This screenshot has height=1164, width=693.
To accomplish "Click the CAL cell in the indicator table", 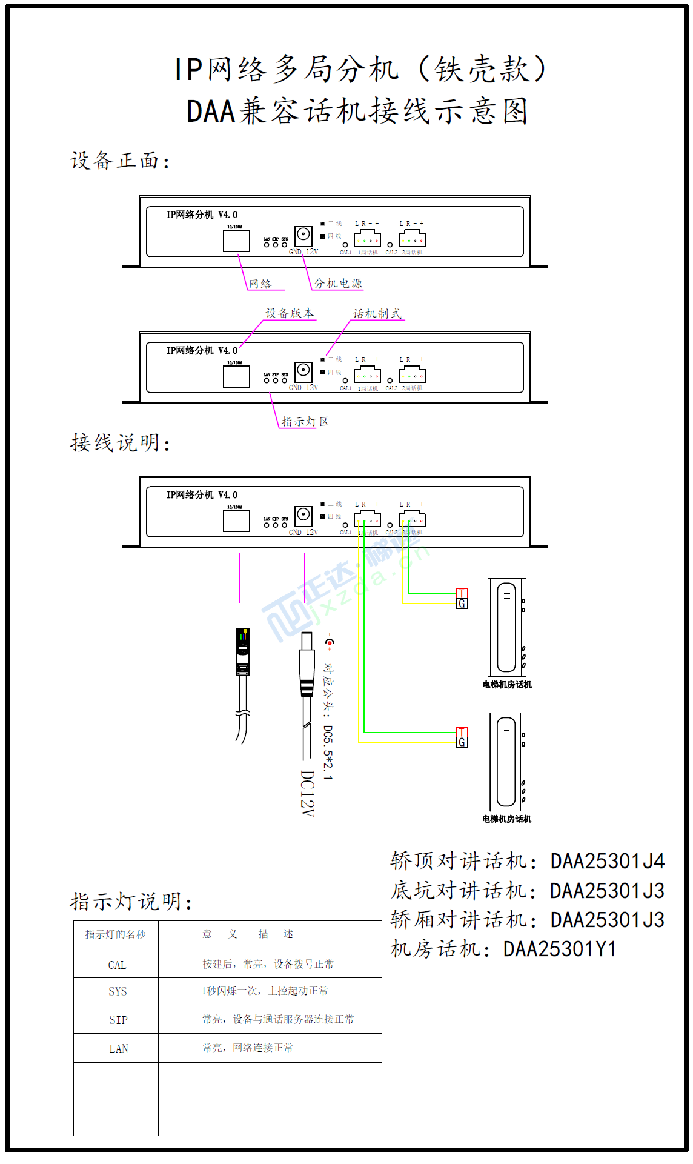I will (117, 965).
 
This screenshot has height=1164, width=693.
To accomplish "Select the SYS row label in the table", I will (118, 991).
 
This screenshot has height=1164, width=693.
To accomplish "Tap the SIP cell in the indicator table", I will (118, 1020).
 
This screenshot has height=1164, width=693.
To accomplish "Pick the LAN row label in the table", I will (118, 1048).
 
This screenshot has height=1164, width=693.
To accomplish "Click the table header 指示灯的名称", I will (115, 934).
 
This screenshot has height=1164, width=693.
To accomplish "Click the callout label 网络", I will (260, 284).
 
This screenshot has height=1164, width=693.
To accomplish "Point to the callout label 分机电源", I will (338, 283).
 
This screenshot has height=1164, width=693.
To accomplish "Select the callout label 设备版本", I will (290, 313).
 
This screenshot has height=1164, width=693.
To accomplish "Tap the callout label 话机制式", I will (377, 313).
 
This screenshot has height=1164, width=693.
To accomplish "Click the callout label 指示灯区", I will (305, 421).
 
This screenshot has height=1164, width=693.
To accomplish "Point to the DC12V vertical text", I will (308, 793).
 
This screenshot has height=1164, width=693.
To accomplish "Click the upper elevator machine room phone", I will (506, 627).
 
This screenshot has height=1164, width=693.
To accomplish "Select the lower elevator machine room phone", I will (506, 762).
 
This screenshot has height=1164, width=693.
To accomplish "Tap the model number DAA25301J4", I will (607, 861).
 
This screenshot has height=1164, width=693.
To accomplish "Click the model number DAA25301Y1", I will (559, 949).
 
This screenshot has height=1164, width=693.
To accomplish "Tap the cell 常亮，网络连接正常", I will (247, 1048).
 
